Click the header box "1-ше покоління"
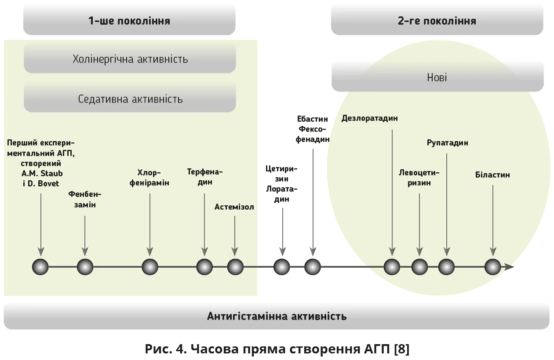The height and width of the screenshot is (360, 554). (129, 21)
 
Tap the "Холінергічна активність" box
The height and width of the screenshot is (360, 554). (130, 59)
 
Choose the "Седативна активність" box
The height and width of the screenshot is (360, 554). (130, 99)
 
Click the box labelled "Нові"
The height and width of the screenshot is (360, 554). (437, 78)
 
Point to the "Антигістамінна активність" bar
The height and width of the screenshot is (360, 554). (277, 316)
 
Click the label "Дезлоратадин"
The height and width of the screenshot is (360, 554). (369, 118)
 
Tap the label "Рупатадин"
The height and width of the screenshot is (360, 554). (447, 143)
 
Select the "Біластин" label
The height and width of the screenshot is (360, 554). (492, 175)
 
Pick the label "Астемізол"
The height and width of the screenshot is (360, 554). (234, 207)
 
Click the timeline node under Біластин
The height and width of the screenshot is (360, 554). (492, 267)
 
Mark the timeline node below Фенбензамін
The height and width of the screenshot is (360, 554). (85, 267)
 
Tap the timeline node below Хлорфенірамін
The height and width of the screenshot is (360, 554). (150, 267)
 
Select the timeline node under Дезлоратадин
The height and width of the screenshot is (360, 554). (392, 267)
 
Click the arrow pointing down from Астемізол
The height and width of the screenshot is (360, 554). (235, 235)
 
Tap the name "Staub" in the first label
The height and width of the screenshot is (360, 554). (51, 173)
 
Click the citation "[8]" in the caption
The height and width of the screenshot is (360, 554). (402, 349)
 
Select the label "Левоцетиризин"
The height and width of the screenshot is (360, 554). (419, 178)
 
